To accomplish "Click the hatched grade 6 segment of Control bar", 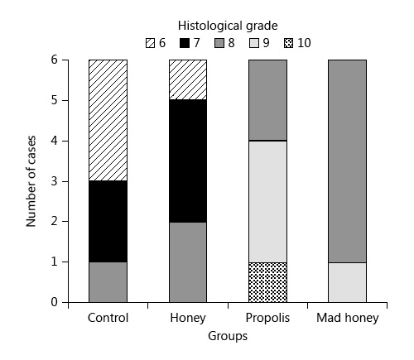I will pyautogui.click(x=107, y=120).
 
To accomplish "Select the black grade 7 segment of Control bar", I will pyautogui.click(x=107, y=221).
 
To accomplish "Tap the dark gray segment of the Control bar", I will pyautogui.click(x=107, y=281).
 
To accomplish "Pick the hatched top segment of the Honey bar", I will pyautogui.click(x=188, y=79).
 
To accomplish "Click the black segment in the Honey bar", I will pyautogui.click(x=188, y=161).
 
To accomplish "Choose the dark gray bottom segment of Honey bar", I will pyautogui.click(x=188, y=262).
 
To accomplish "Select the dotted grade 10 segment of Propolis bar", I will pyautogui.click(x=268, y=281).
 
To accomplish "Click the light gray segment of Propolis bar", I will pyautogui.click(x=268, y=201).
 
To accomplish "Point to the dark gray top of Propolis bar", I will pyautogui.click(x=268, y=100).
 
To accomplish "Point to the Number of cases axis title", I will pyautogui.click(x=31, y=181).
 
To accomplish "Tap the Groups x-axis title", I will pyautogui.click(x=228, y=337).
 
